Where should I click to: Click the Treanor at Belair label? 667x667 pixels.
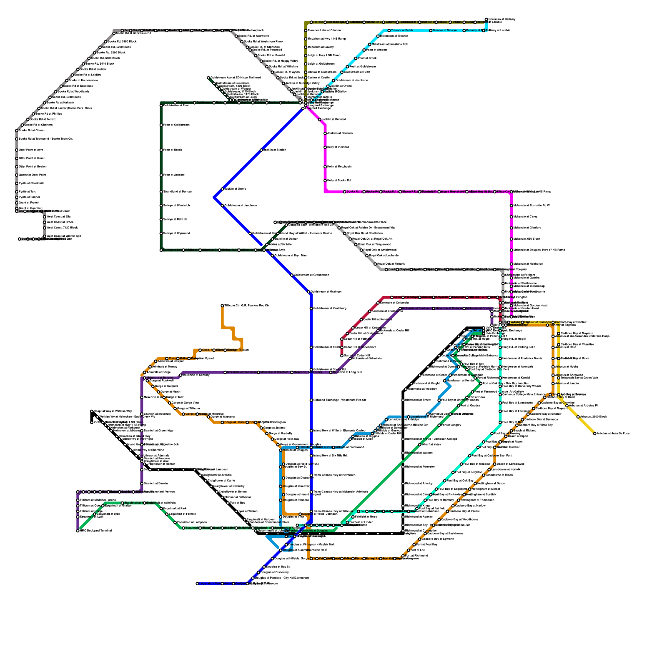coord(402,30)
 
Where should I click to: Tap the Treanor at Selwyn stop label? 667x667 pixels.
coord(445,30)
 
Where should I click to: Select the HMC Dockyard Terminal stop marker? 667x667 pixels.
coord(78,531)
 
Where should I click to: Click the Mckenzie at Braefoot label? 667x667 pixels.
coord(274,372)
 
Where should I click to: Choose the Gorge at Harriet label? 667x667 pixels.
coord(235,422)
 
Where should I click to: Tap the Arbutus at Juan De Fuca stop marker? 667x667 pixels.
coord(595,434)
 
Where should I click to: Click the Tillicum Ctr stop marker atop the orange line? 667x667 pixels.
coord(223,306)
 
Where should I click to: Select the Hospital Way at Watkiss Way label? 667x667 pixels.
coord(113,411)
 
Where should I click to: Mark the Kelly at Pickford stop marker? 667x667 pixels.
coord(325,147)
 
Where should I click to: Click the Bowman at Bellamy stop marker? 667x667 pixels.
coord(486,20)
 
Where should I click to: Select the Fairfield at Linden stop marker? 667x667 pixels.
coord(348,522)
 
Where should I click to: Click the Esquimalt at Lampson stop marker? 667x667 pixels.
coord(176,522)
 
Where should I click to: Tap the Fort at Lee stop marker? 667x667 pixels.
coord(409,550)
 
